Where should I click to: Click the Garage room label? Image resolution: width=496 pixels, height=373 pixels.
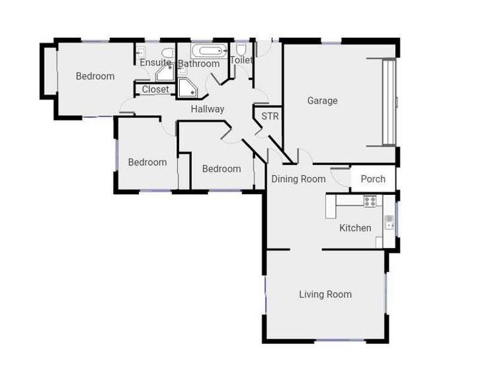coord(322,101)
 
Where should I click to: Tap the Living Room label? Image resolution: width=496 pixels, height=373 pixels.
coord(325,294)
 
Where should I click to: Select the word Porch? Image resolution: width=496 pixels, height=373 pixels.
coord(373,179)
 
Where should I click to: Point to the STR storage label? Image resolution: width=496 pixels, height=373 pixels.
coord(270,117)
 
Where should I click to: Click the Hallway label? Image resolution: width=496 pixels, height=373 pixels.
coord(208,109)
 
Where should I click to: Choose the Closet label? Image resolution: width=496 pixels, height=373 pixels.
coord(155,89)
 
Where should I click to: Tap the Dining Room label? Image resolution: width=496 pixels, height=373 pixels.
coord(299,179)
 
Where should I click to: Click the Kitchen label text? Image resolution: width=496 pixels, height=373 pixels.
coord(355,228)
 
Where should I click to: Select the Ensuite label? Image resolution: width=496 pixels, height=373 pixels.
coord(155,63)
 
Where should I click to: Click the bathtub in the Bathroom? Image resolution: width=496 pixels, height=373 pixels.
coord(209,51)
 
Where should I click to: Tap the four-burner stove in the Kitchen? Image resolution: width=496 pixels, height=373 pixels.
coord(370,201)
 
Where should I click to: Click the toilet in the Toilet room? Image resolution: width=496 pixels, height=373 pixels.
coord(241,50)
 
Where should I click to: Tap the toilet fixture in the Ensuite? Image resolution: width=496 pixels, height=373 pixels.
coord(167,53)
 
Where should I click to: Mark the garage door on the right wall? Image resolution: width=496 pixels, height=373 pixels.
coord(390,102)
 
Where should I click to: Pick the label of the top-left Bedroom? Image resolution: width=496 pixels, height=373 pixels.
coord(95,76)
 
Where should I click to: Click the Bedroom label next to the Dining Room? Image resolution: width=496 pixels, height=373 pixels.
coord(222,169)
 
